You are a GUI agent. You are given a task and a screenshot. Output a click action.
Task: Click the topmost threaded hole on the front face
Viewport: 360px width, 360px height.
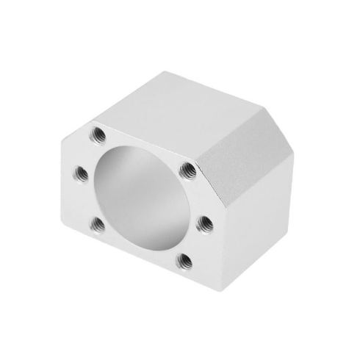[x=98, y=134]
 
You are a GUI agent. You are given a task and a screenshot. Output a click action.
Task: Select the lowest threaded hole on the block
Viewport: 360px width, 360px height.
[x=187, y=259]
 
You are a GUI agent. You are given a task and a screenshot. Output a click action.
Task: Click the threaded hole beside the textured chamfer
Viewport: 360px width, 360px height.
[x=187, y=170]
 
